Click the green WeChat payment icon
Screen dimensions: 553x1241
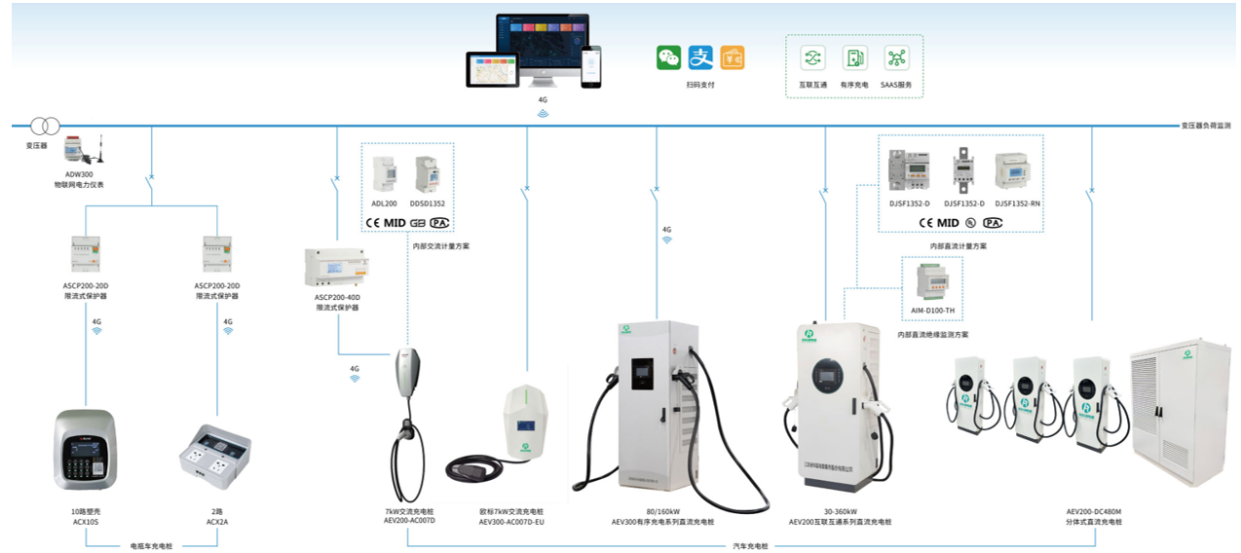pos(668,57)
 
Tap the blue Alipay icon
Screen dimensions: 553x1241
pos(700,57)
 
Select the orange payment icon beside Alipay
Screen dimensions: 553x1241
pos(733,57)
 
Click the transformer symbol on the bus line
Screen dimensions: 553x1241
pos(45,126)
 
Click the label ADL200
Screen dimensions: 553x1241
pos(384,203)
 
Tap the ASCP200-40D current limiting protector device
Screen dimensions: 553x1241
pos(337,268)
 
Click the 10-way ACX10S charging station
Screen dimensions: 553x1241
pos(85,449)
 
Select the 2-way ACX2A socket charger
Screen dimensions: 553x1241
pos(214,456)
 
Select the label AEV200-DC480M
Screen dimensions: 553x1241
pos(1095,511)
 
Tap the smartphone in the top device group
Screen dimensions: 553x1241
pos(591,66)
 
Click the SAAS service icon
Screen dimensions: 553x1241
pos(896,58)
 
